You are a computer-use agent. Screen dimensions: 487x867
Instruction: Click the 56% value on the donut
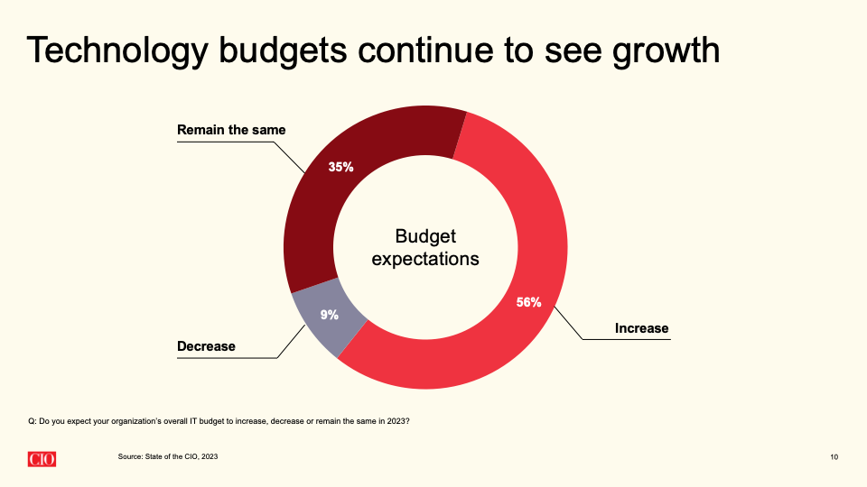point(528,302)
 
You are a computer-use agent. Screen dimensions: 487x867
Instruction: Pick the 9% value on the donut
point(329,315)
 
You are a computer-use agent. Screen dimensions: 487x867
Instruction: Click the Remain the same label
point(231,130)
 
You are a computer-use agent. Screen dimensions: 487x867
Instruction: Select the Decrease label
point(206,346)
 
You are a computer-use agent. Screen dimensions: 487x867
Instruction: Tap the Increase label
point(641,328)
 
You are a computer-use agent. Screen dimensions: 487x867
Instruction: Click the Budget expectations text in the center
point(425,247)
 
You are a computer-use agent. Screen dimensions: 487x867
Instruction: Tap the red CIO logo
point(41,458)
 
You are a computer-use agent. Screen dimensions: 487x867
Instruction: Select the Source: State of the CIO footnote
point(167,457)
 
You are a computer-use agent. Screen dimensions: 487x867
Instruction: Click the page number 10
point(833,458)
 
